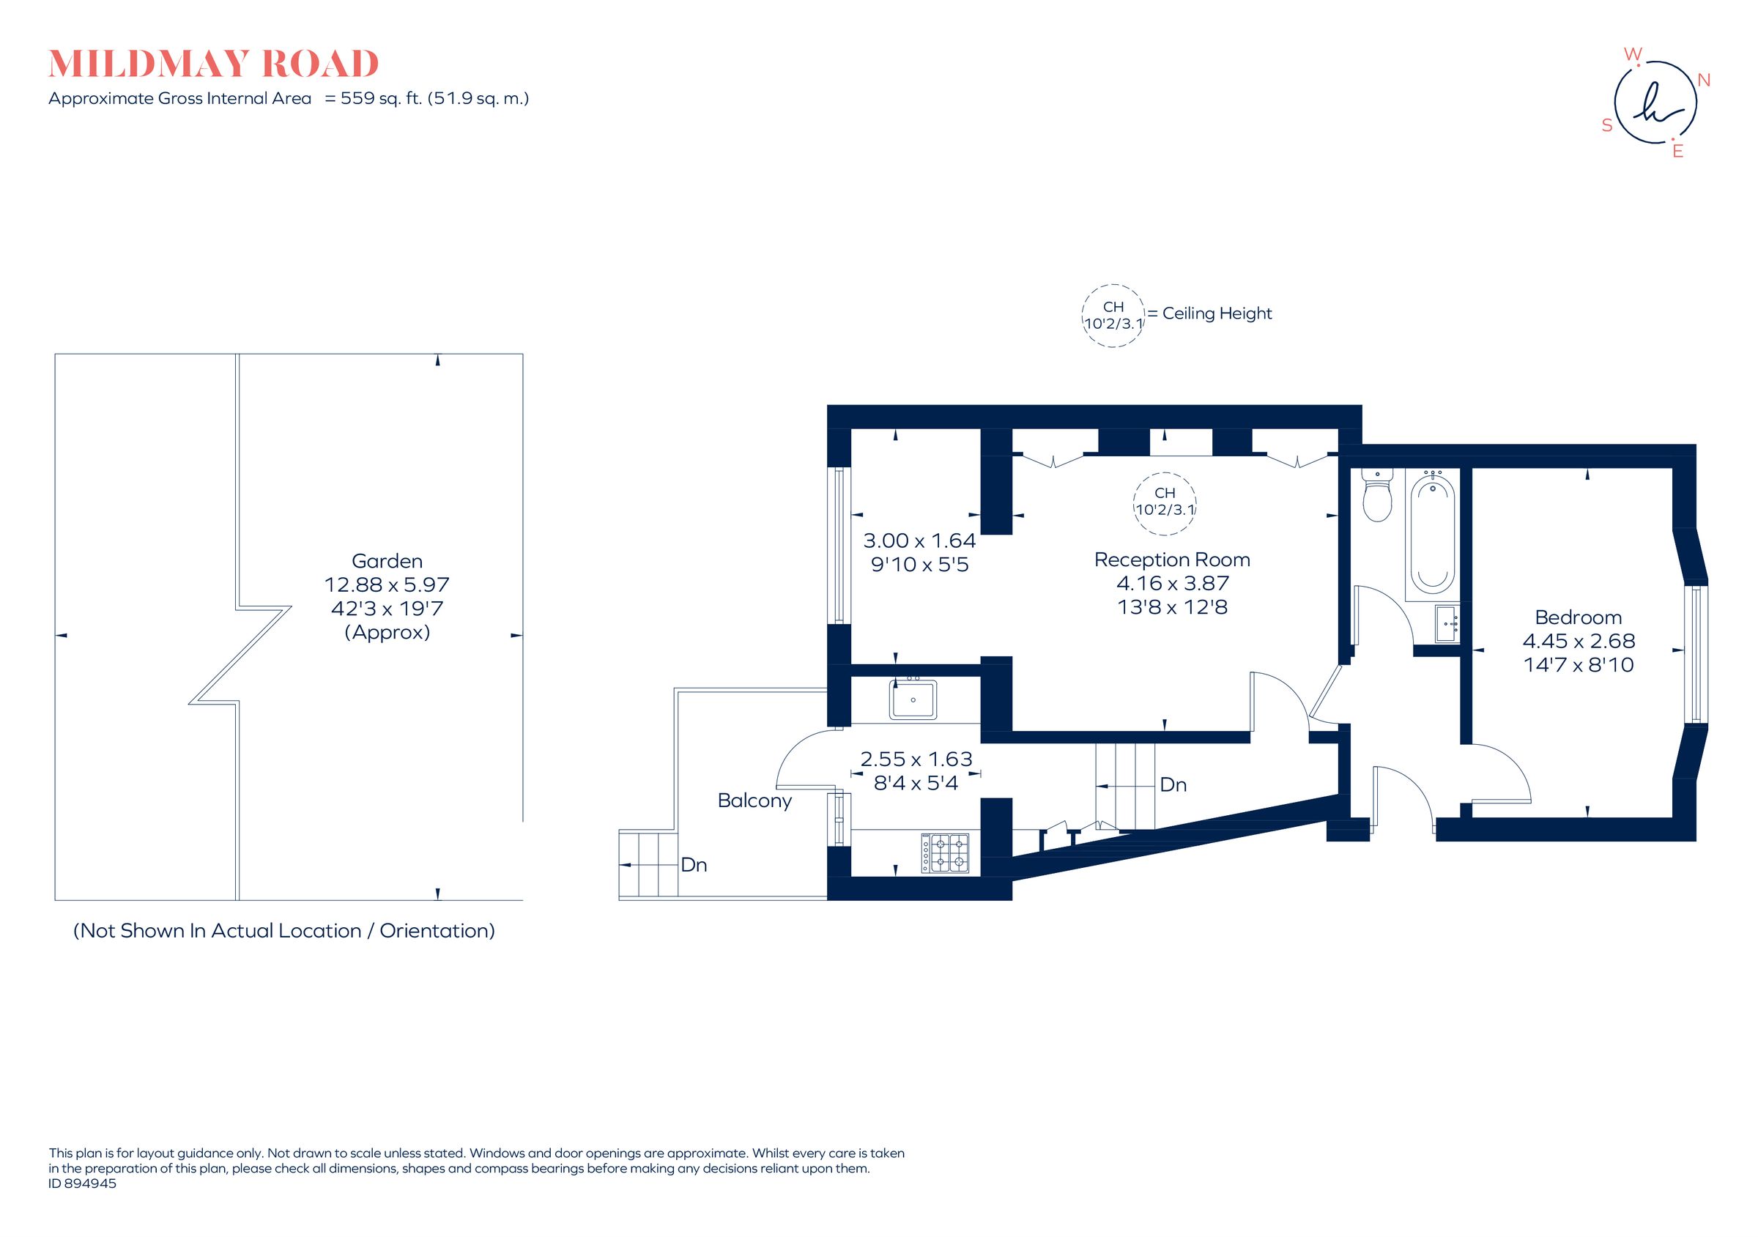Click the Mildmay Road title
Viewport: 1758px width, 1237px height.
[214, 64]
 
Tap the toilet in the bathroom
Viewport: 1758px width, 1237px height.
[1376, 497]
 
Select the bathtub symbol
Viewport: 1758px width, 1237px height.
[1432, 536]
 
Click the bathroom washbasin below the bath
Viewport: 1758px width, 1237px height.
[1447, 623]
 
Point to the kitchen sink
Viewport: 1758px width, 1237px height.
[912, 699]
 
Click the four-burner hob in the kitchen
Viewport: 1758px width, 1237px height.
[946, 852]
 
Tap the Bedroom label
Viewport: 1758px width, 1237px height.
[1577, 617]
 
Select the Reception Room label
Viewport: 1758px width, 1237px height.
[1171, 560]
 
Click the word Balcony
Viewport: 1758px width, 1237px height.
[754, 800]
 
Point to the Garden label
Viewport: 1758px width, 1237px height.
[387, 561]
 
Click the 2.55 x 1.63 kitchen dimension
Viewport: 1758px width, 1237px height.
[916, 759]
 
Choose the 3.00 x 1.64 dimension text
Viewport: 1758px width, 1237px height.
[919, 541]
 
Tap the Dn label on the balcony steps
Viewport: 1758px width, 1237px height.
[694, 865]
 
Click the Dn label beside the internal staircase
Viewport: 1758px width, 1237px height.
[1173, 784]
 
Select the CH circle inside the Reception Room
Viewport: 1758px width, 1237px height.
[1164, 502]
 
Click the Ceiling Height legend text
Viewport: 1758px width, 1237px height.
[1216, 313]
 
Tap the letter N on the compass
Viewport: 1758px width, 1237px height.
[1704, 81]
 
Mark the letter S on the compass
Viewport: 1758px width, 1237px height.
[1607, 125]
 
